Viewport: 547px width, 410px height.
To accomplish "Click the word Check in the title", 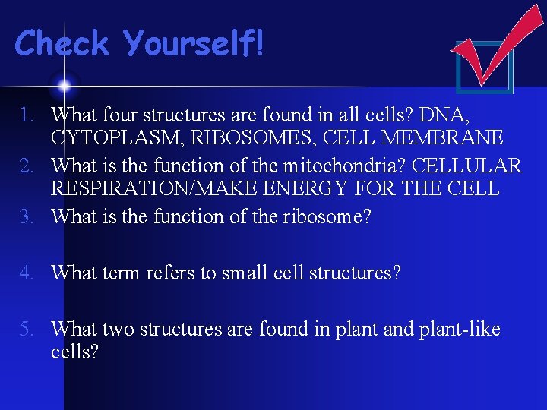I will click(x=62, y=43).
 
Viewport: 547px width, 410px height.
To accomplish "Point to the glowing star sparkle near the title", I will click(x=64, y=85).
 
